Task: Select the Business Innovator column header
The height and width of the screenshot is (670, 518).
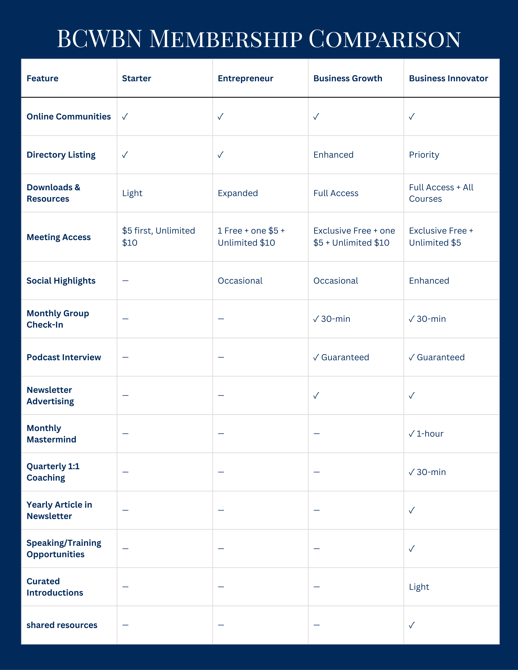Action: point(448,79)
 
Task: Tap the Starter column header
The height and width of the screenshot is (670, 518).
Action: point(137,79)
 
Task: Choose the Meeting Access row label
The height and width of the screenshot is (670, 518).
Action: point(59,237)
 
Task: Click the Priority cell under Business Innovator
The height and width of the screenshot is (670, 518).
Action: point(424,155)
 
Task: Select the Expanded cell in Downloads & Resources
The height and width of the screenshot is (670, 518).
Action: point(238,193)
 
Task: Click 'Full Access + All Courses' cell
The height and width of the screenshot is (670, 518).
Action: point(441,193)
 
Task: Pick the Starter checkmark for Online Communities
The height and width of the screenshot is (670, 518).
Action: point(125,117)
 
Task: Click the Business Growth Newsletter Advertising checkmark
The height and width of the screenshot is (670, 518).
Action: point(316,396)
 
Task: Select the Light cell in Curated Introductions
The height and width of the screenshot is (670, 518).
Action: point(419,587)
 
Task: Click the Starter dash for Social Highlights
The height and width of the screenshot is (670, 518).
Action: point(125,281)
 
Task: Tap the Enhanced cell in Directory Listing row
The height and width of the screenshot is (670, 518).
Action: point(333,155)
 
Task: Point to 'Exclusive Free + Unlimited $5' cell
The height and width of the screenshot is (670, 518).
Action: point(441,237)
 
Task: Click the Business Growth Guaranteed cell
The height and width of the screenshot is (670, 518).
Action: point(341,357)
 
